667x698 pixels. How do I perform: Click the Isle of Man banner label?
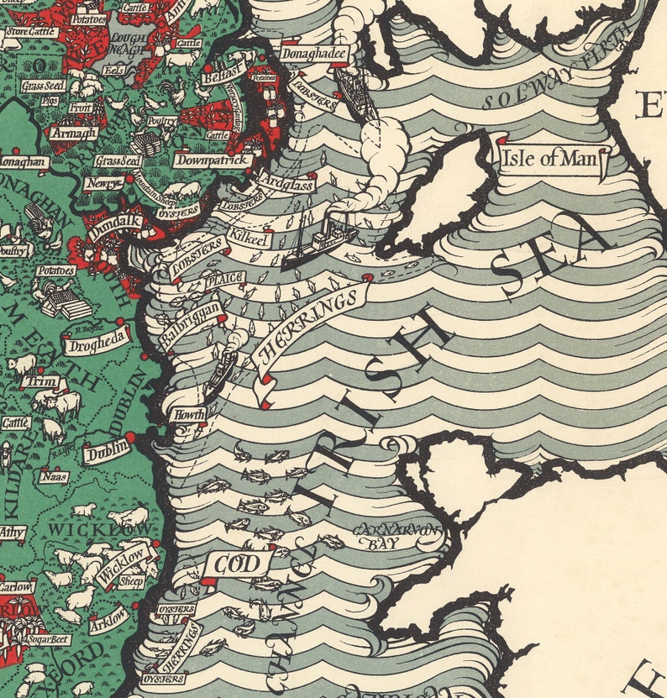click(x=551, y=158)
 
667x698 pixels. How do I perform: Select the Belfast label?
click(x=229, y=67)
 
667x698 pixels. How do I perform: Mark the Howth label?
click(x=186, y=413)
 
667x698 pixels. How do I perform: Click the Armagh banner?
click(x=72, y=133)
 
